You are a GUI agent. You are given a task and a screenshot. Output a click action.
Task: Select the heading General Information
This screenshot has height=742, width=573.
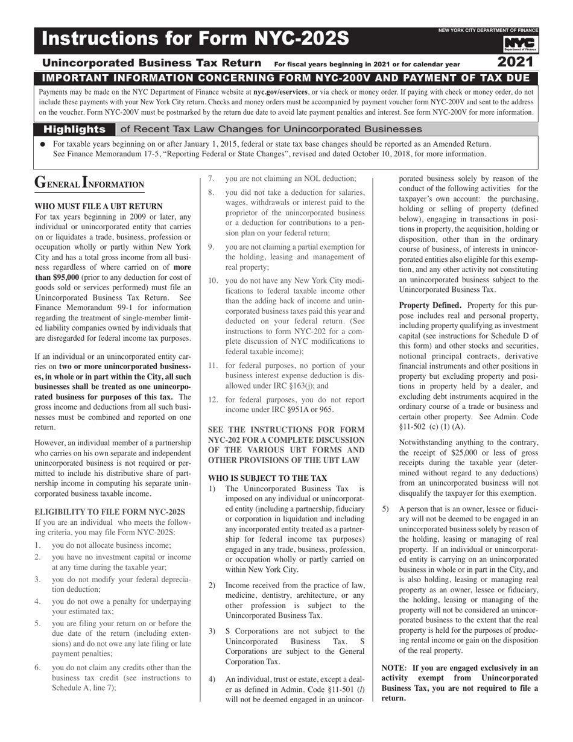coord(89,183)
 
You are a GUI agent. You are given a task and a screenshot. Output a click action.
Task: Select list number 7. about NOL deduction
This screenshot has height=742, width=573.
coord(211,179)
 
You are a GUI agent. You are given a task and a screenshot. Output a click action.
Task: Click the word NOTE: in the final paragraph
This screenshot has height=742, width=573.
coord(394,668)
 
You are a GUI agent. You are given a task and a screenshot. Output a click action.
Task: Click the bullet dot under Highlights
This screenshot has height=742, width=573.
coord(43,145)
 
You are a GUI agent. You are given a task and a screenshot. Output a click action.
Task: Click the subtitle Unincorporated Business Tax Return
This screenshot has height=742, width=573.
coord(152,63)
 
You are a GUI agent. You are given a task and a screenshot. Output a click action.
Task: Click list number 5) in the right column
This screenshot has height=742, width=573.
coord(386,509)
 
